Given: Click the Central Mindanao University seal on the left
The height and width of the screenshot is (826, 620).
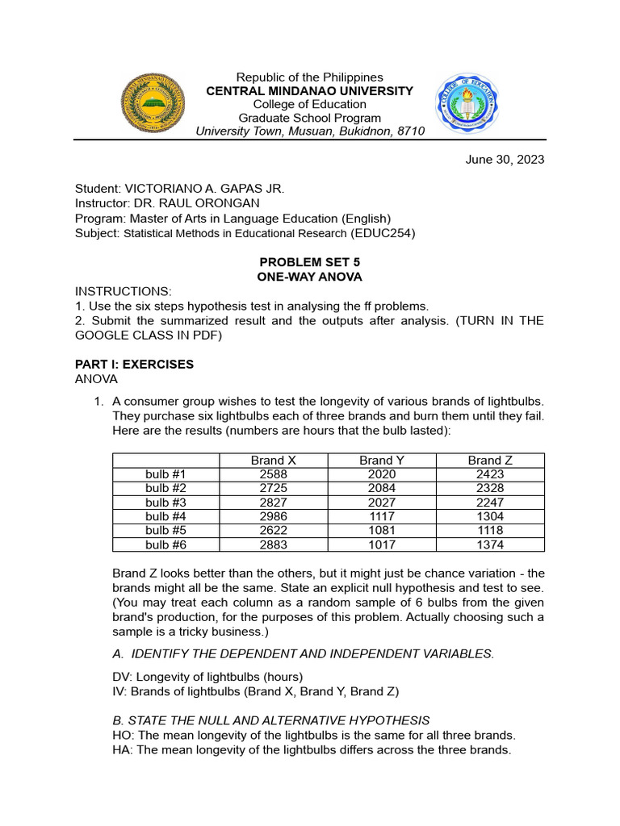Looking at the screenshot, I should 153,102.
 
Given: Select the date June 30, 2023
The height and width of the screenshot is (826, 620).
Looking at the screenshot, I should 505,160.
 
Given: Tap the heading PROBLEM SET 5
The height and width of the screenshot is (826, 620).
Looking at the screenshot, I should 309,263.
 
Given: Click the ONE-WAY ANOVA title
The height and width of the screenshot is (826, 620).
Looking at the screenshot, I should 309,277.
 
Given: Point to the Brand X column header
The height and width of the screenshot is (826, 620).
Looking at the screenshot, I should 273,461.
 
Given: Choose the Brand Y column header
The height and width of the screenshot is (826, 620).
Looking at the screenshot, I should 382,461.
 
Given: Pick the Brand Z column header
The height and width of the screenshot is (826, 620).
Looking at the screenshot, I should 490,461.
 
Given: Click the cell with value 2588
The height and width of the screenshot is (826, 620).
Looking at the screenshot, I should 273,474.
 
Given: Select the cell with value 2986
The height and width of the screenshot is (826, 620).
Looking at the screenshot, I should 273,516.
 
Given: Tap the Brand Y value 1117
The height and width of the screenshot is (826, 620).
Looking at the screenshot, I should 382,516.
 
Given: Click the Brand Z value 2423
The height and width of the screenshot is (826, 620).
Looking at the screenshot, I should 490,474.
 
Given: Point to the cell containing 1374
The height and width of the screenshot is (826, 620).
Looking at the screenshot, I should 490,544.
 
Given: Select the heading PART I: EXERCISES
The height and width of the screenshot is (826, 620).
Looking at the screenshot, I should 134,365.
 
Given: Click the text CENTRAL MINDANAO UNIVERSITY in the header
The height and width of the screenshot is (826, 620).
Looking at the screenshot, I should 309,91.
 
